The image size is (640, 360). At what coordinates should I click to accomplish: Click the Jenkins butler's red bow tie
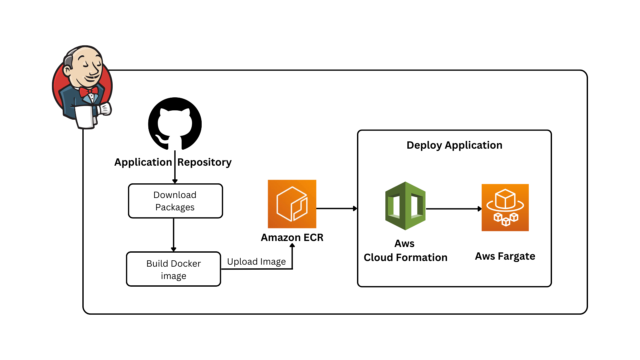(x=88, y=91)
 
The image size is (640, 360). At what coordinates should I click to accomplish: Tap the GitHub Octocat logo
(x=175, y=124)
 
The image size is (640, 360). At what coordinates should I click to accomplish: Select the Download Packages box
(x=175, y=201)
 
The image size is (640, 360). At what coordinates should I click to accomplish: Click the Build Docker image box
(x=174, y=269)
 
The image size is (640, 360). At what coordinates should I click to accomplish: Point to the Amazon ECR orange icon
(x=292, y=204)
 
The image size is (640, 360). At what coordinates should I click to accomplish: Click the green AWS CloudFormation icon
(x=405, y=206)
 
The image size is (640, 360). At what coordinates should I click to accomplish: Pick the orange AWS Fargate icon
(x=505, y=207)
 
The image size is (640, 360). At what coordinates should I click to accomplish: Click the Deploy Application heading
(x=454, y=145)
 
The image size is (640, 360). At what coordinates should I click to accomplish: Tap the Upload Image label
(x=256, y=262)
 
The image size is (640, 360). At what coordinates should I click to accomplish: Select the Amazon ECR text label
(x=292, y=237)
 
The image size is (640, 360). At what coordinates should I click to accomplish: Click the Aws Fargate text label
(x=505, y=256)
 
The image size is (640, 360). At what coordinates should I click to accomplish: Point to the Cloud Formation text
(x=405, y=257)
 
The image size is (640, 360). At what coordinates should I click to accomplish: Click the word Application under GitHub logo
(x=143, y=162)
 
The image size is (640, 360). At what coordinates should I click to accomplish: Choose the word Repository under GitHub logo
(x=204, y=162)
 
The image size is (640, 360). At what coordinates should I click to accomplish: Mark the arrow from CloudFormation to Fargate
(x=454, y=209)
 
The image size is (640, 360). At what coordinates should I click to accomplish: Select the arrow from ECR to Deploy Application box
(x=337, y=209)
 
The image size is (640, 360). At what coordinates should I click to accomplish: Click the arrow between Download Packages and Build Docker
(x=174, y=235)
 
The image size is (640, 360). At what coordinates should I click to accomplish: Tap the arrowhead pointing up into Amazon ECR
(x=292, y=246)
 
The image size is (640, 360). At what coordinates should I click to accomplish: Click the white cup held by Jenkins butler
(x=85, y=117)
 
